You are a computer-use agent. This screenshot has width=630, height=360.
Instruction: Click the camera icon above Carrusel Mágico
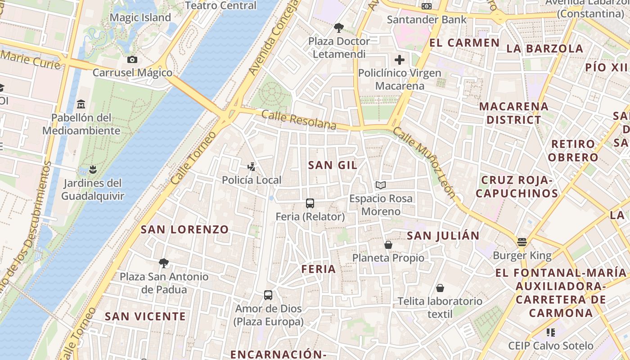[x=132, y=59]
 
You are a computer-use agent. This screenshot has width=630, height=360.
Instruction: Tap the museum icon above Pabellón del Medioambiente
[x=81, y=104]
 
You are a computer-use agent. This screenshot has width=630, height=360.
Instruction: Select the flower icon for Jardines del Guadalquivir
[x=93, y=170]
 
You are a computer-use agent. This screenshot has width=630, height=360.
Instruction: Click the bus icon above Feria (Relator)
[x=310, y=203]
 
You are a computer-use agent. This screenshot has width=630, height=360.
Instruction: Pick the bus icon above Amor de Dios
[x=268, y=295]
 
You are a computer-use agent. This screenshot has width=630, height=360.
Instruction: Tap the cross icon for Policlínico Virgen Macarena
[x=400, y=59]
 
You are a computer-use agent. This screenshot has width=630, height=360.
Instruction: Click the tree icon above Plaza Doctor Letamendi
[x=339, y=28]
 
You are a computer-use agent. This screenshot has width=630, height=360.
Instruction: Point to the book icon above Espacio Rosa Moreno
[x=381, y=185]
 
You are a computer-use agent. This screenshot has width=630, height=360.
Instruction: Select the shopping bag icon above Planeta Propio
[x=388, y=244]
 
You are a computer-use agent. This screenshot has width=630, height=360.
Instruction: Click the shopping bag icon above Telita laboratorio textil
[x=440, y=288]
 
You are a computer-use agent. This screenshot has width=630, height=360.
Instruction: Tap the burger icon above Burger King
[x=522, y=242]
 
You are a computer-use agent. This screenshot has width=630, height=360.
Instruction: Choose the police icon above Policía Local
[x=251, y=166]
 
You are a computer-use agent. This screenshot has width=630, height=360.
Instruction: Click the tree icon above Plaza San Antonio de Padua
[x=164, y=263]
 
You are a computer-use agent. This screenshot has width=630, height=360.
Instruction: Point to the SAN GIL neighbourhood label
[x=333, y=165]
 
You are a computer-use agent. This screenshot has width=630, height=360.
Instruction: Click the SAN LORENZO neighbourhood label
[x=185, y=229]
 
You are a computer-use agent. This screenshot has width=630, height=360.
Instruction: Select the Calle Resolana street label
[x=299, y=120]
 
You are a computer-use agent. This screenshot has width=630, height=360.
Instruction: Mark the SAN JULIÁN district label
[x=443, y=235]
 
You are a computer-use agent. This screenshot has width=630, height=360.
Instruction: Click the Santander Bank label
[x=427, y=19]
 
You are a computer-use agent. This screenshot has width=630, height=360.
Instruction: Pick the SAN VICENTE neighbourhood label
[x=145, y=316]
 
